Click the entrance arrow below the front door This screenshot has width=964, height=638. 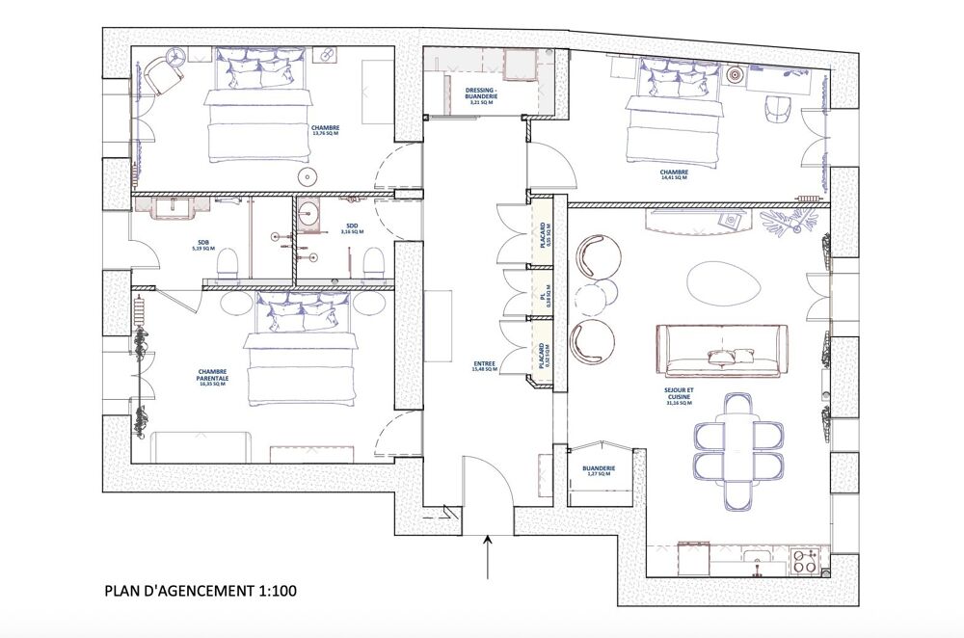489,557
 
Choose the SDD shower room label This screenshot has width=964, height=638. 353,229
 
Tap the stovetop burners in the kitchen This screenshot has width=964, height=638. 805,559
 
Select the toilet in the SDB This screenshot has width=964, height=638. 228,263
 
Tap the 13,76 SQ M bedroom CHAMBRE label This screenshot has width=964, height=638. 326,130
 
